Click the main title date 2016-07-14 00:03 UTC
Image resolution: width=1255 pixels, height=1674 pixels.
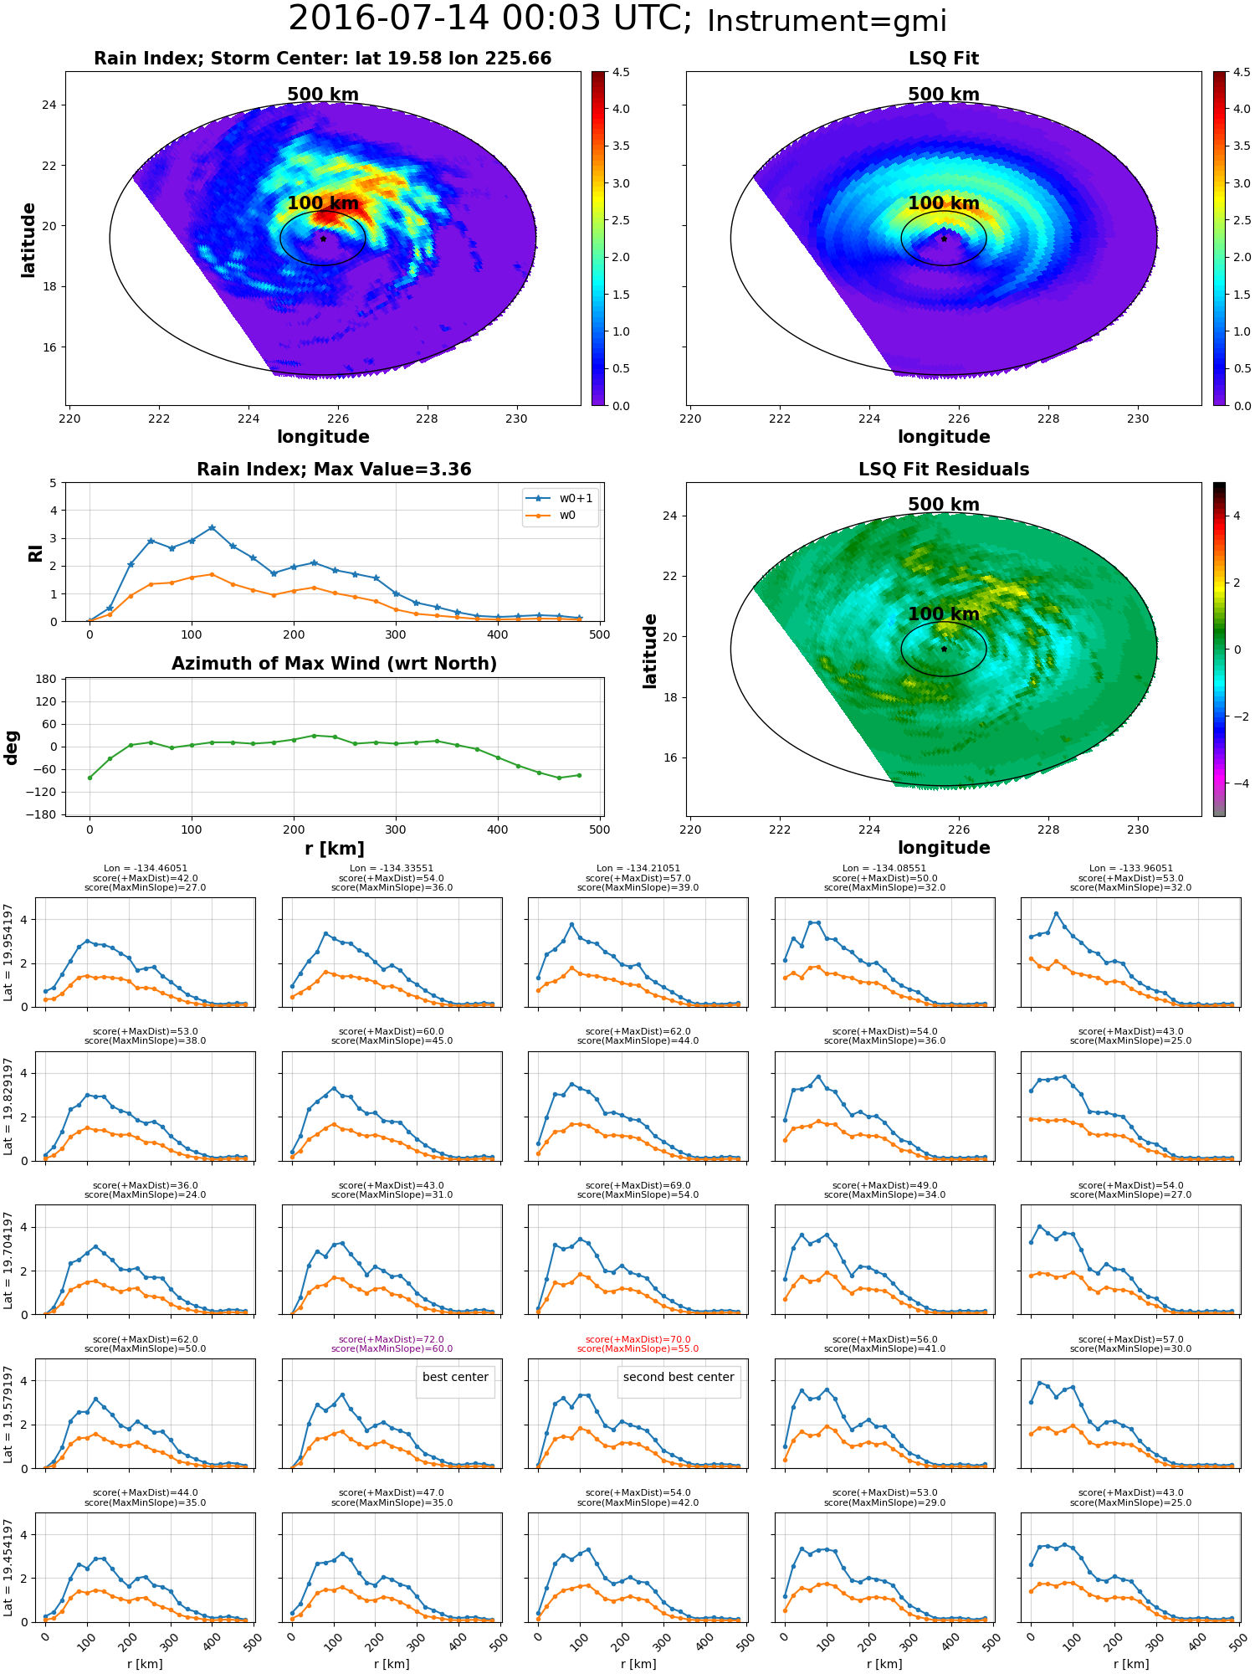pyautogui.click(x=489, y=19)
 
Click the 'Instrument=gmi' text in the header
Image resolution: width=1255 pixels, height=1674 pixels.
pyautogui.click(x=827, y=22)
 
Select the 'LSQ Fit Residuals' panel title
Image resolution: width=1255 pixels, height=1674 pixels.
pyautogui.click(x=944, y=470)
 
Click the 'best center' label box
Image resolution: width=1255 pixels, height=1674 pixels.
pyautogui.click(x=455, y=1377)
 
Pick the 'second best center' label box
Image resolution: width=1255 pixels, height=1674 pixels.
pyautogui.click(x=679, y=1377)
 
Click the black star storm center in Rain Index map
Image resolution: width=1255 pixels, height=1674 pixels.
pyautogui.click(x=323, y=239)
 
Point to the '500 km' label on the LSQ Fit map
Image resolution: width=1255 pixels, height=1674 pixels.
pyautogui.click(x=944, y=95)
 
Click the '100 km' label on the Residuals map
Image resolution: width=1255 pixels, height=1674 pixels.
pyautogui.click(x=944, y=614)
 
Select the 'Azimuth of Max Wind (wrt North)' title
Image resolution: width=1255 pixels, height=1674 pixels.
pyautogui.click(x=335, y=664)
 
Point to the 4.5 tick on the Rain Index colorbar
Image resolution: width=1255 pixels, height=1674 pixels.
pyautogui.click(x=621, y=72)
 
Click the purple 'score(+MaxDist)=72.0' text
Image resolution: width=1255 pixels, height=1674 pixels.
pyautogui.click(x=392, y=1339)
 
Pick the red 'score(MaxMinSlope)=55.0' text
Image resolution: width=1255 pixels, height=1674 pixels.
pyautogui.click(x=638, y=1348)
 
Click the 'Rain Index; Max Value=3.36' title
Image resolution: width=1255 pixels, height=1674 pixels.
pyautogui.click(x=334, y=470)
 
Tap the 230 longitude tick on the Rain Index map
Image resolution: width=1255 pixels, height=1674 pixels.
pyautogui.click(x=516, y=418)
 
